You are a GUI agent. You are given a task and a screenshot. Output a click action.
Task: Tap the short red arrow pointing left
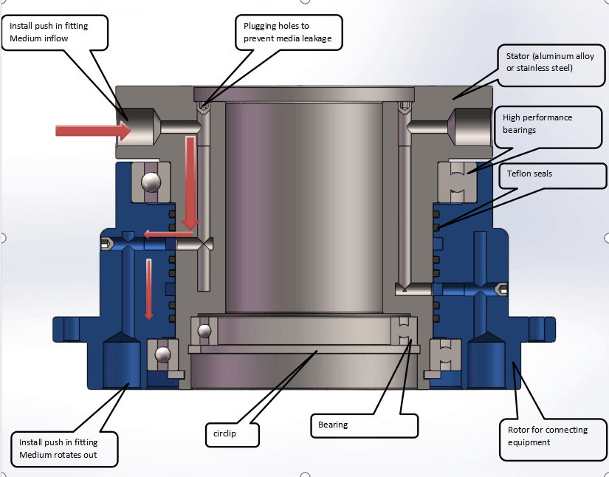pos(159,235)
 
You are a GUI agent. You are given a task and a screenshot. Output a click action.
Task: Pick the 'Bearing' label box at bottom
pos(363,425)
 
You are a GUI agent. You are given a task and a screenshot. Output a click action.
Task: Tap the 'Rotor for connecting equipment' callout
pos(549,436)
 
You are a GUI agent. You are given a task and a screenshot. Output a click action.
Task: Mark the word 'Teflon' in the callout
pos(519,174)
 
